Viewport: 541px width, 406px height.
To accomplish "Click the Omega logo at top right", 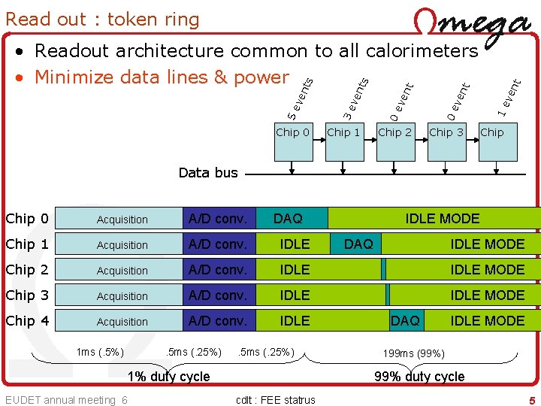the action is coord(471,29).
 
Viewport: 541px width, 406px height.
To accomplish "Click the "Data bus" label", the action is coord(208,173).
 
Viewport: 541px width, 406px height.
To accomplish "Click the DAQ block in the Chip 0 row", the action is coord(289,219).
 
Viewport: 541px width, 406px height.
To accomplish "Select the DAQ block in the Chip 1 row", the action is coord(358,244).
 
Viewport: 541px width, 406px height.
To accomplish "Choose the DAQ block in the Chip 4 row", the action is coord(406,321).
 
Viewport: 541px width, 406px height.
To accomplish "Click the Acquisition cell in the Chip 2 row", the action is coord(122,270).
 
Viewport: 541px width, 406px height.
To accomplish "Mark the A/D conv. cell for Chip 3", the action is coord(218,295).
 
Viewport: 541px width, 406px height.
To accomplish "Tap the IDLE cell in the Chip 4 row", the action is coord(295,321).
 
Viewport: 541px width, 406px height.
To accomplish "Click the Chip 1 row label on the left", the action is coord(27,244).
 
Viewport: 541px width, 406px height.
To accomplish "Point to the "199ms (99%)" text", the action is coord(413,353).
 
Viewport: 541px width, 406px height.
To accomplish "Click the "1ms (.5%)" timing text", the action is coord(100,352).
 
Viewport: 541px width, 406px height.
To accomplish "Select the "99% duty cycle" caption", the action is coord(419,376).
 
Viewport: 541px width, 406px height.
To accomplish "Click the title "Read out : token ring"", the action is coord(102,19).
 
